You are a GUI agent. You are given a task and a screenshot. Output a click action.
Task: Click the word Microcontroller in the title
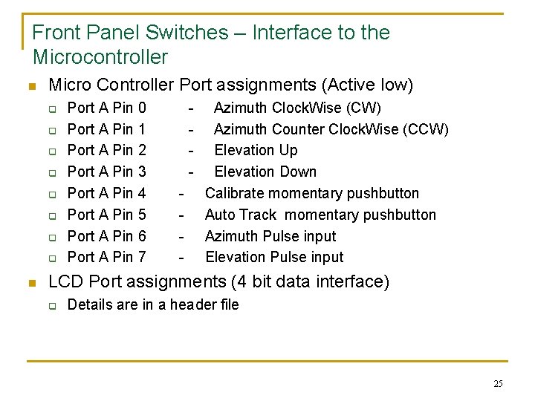[x=100, y=56]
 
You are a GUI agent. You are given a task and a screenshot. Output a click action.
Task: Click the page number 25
[x=498, y=383]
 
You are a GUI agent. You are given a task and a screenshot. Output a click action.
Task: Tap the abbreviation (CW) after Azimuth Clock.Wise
[x=365, y=108]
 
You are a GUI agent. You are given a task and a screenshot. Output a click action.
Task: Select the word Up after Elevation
[x=288, y=150]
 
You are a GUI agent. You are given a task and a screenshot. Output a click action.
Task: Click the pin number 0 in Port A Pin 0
[x=142, y=108]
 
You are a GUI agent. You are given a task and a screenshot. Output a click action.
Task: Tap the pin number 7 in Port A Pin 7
[x=142, y=257]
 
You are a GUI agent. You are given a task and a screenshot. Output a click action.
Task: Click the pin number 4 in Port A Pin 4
[x=142, y=193]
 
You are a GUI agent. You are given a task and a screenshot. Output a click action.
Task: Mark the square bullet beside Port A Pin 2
[x=53, y=151]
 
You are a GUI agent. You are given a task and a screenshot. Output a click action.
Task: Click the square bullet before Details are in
[x=53, y=305]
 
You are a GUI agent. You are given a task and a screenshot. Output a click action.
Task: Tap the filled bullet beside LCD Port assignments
[x=31, y=282]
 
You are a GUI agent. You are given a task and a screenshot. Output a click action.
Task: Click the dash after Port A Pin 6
[x=181, y=236]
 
